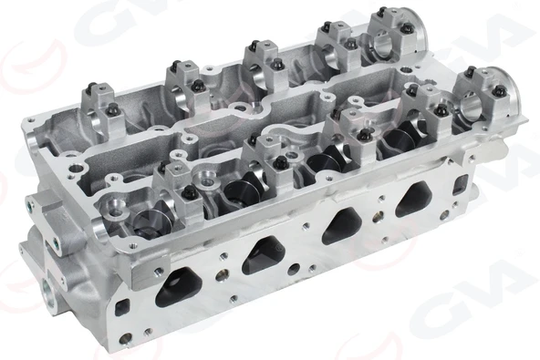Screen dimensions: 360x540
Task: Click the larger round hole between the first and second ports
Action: coord(220,273)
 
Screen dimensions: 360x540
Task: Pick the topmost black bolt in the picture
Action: coord(378,13)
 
